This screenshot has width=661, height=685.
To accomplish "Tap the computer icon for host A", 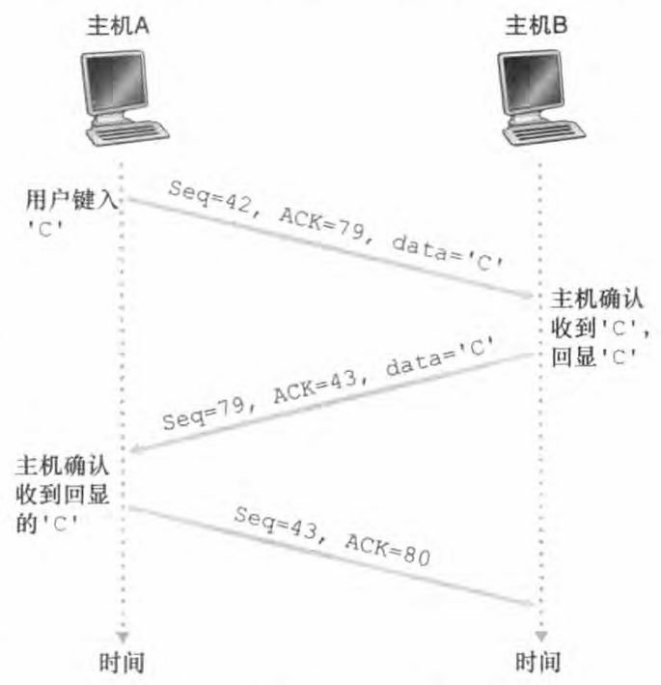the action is [120, 97].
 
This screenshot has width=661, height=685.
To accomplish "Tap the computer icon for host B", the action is [537, 97].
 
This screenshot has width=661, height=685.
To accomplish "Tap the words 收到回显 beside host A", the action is [62, 494].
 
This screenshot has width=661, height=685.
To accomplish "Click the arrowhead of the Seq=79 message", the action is [136, 450].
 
